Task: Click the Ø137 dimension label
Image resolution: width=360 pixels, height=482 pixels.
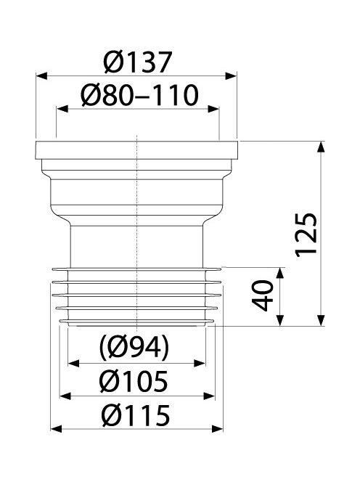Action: click(x=137, y=62)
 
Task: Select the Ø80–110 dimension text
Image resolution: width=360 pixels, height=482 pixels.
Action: click(x=139, y=95)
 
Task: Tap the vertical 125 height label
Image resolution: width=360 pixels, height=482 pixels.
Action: click(x=306, y=233)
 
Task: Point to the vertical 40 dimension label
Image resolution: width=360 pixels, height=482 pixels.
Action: click(x=262, y=295)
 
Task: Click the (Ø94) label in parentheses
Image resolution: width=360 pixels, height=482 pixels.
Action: click(x=134, y=348)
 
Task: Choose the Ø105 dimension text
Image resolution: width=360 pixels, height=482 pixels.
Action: click(x=134, y=381)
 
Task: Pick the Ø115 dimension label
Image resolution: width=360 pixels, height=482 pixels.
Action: click(x=136, y=415)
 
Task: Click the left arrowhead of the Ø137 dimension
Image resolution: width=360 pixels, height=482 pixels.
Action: click(x=42, y=75)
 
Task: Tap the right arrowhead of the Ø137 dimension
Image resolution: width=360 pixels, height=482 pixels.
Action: click(x=231, y=75)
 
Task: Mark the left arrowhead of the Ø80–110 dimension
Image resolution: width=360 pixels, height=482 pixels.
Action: click(x=62, y=109)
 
